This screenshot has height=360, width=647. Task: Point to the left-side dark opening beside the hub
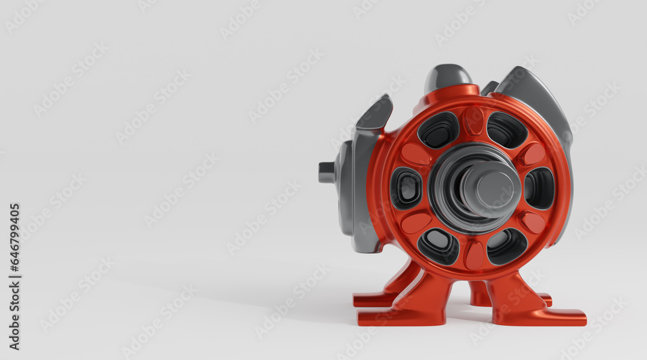pyautogui.click(x=406, y=188)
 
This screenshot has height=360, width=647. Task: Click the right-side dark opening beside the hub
pyautogui.click(x=539, y=188)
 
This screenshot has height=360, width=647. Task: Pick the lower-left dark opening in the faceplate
pyautogui.click(x=439, y=245)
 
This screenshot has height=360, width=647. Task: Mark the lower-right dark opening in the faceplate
pyautogui.click(x=507, y=245)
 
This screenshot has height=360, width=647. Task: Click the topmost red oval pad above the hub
pyautogui.click(x=474, y=120)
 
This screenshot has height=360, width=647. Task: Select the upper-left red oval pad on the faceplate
pyautogui.click(x=415, y=154)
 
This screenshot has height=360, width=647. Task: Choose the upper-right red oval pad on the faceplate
pyautogui.click(x=533, y=154)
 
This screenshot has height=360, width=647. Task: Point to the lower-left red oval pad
pyautogui.click(x=416, y=222)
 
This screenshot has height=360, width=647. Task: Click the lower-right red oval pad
pyautogui.click(x=533, y=222)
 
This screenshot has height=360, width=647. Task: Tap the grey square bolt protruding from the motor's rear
pyautogui.click(x=327, y=172)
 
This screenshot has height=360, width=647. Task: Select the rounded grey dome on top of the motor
pyautogui.click(x=447, y=77)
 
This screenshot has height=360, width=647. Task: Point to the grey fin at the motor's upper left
pyautogui.click(x=374, y=117)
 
